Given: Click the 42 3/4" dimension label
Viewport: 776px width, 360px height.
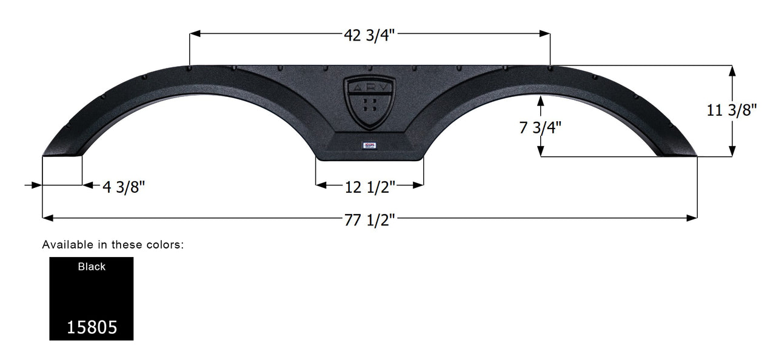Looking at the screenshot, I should (369, 35).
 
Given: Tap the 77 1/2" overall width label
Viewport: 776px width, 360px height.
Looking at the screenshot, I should (370, 221).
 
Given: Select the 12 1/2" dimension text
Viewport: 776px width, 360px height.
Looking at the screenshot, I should (370, 187).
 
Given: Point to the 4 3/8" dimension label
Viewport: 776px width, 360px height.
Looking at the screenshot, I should (124, 187).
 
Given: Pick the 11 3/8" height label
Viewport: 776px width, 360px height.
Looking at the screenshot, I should (732, 110).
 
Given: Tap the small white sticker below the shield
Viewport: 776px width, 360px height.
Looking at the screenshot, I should (370, 144).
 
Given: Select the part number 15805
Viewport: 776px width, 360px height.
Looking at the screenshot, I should (92, 328).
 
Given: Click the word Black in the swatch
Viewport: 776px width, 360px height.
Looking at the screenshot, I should (92, 267).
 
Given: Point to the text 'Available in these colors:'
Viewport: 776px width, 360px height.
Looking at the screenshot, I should (113, 245).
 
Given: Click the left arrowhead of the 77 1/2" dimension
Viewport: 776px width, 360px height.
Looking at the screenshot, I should (46, 217).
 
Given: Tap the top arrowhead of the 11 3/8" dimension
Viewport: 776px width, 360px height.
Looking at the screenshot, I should (732, 70).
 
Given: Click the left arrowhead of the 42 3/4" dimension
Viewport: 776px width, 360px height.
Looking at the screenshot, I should (194, 35).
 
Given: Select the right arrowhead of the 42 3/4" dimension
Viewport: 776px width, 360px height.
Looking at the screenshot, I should (546, 35).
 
